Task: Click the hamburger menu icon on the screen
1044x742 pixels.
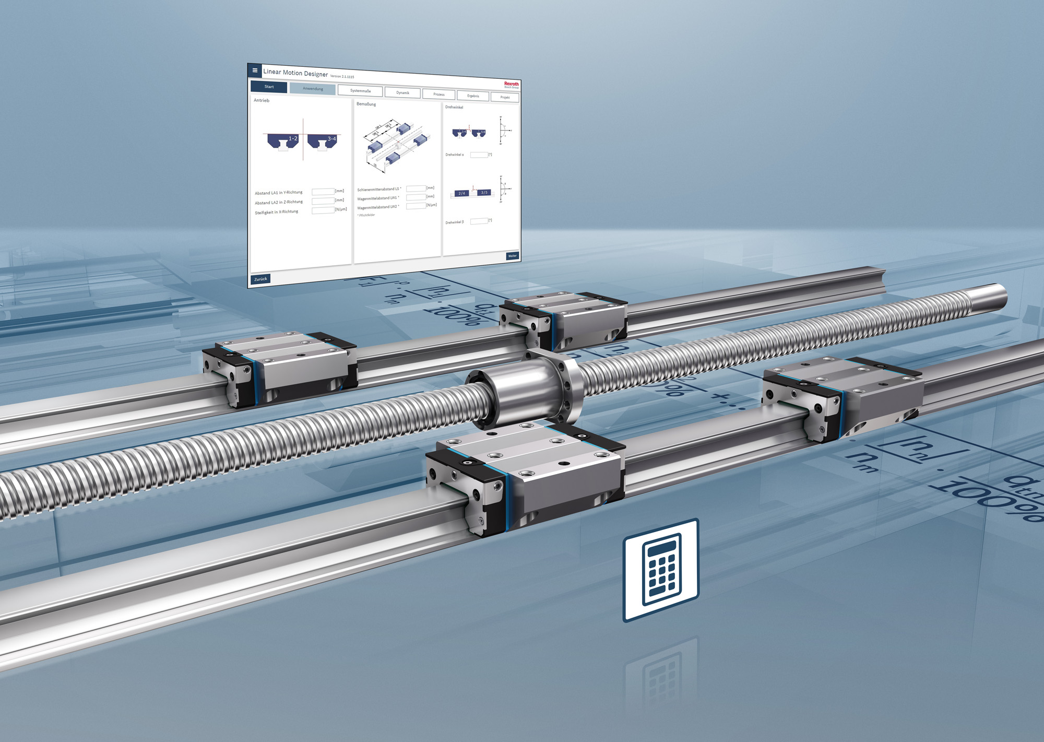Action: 255,70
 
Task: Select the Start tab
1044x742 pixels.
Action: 269,87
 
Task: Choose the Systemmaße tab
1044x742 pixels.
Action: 360,91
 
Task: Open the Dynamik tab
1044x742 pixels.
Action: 402,93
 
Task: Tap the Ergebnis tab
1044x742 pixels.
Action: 473,96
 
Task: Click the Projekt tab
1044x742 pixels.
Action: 505,98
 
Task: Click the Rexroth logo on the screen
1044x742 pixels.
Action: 511,84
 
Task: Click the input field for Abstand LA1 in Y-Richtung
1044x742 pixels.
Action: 323,192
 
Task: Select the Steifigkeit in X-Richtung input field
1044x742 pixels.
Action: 323,210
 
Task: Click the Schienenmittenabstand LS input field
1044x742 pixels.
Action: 416,189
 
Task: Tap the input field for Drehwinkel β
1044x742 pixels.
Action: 479,221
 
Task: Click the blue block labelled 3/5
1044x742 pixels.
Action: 484,193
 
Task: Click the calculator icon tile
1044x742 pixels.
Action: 661,570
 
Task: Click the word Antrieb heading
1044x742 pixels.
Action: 262,100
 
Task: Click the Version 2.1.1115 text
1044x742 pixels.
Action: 342,77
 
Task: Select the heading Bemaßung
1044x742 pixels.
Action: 366,104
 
